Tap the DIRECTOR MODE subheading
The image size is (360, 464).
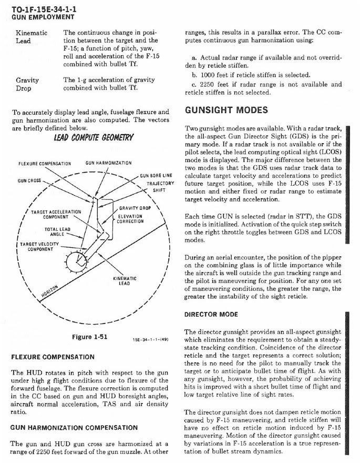211,315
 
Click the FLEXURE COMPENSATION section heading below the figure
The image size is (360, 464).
53,357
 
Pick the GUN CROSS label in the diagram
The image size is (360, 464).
29,180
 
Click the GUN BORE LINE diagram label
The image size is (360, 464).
156,175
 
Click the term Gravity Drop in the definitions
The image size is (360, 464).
27,84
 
